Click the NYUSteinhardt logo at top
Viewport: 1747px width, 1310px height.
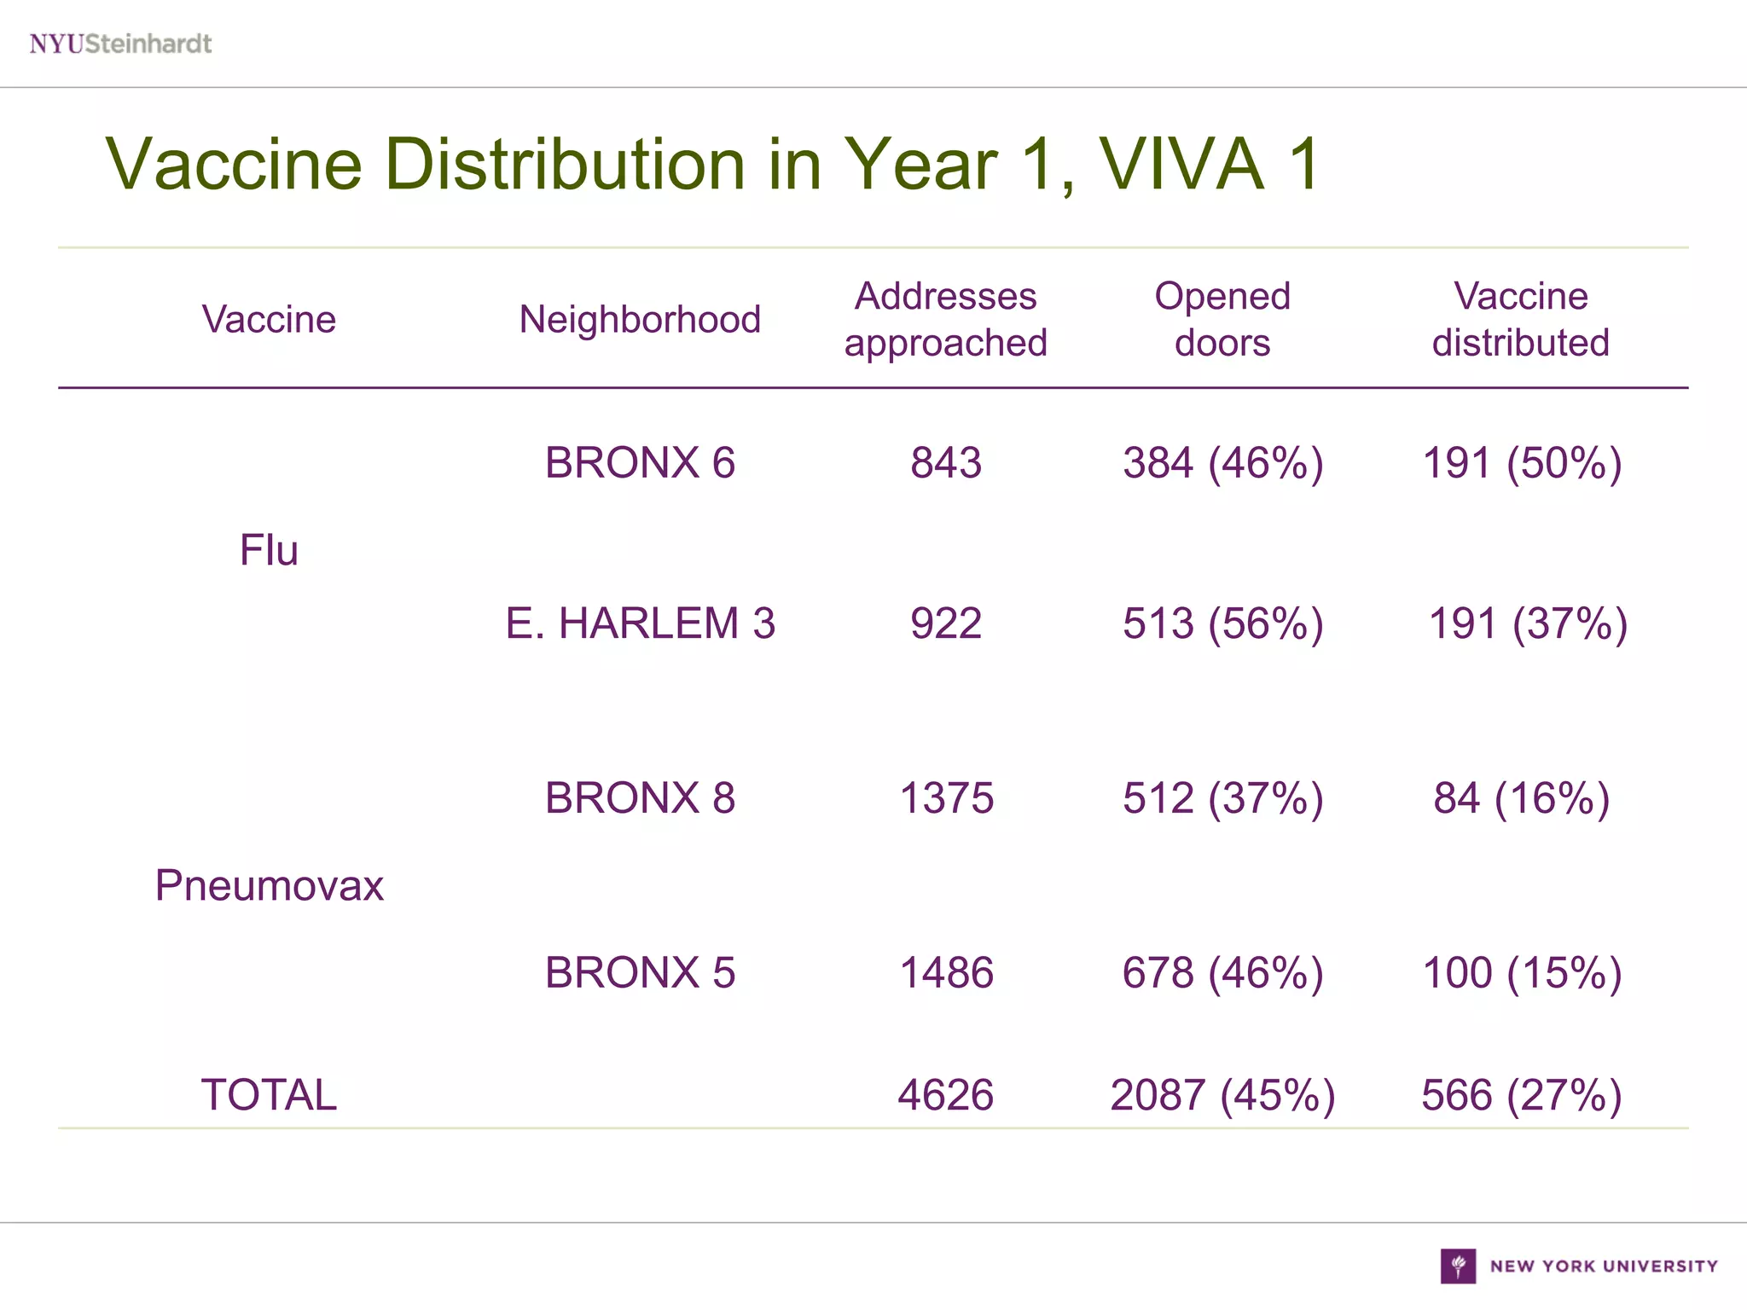tap(120, 43)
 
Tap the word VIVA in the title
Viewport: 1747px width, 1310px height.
tap(1181, 164)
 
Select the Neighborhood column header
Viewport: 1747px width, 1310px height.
tap(640, 320)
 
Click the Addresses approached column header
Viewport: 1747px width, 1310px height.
tap(945, 320)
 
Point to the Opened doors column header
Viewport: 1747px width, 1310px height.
tap(1222, 320)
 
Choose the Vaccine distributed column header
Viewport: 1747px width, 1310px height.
tap(1521, 320)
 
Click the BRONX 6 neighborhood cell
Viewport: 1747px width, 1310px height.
tap(640, 463)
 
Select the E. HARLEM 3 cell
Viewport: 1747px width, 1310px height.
tap(640, 623)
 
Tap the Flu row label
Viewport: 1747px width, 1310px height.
tap(269, 550)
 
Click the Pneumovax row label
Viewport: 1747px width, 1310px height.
tap(269, 885)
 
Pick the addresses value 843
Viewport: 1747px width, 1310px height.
tap(945, 463)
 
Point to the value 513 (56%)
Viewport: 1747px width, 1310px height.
tap(1222, 623)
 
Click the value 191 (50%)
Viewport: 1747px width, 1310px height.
tap(1522, 463)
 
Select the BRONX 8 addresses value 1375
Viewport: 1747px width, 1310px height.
tap(946, 798)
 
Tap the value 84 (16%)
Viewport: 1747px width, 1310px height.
tap(1522, 798)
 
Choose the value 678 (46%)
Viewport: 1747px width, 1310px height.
tap(1222, 973)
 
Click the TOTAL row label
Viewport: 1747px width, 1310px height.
tap(269, 1095)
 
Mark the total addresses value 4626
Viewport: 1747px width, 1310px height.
tap(945, 1095)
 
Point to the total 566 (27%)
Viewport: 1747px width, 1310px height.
tap(1522, 1095)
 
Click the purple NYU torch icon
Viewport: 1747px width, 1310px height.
tap(1458, 1266)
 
